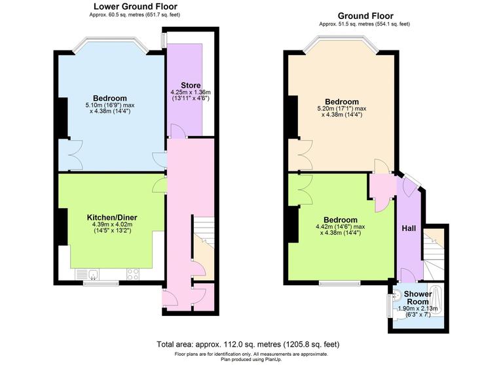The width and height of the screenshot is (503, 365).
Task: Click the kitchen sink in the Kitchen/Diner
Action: tap(86, 273)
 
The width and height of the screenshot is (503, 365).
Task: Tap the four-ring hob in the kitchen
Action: tap(133, 273)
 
